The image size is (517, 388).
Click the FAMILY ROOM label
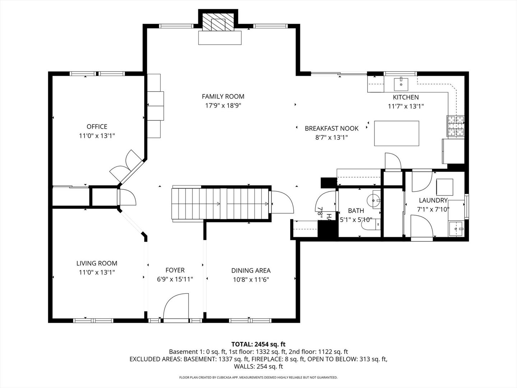(x=223, y=96)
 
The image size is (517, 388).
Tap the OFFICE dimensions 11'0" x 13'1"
(x=97, y=136)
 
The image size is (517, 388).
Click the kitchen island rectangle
(x=396, y=133)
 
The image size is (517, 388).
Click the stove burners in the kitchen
(x=455, y=127)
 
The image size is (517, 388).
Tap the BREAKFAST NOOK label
(x=331, y=128)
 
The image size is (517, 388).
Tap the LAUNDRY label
(x=433, y=200)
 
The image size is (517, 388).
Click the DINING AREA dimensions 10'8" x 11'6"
(x=251, y=280)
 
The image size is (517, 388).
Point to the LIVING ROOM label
(x=97, y=263)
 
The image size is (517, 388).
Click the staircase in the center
(x=220, y=204)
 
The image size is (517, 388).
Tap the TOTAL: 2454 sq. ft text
(x=258, y=344)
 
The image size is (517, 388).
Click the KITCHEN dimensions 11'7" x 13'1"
(x=406, y=106)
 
